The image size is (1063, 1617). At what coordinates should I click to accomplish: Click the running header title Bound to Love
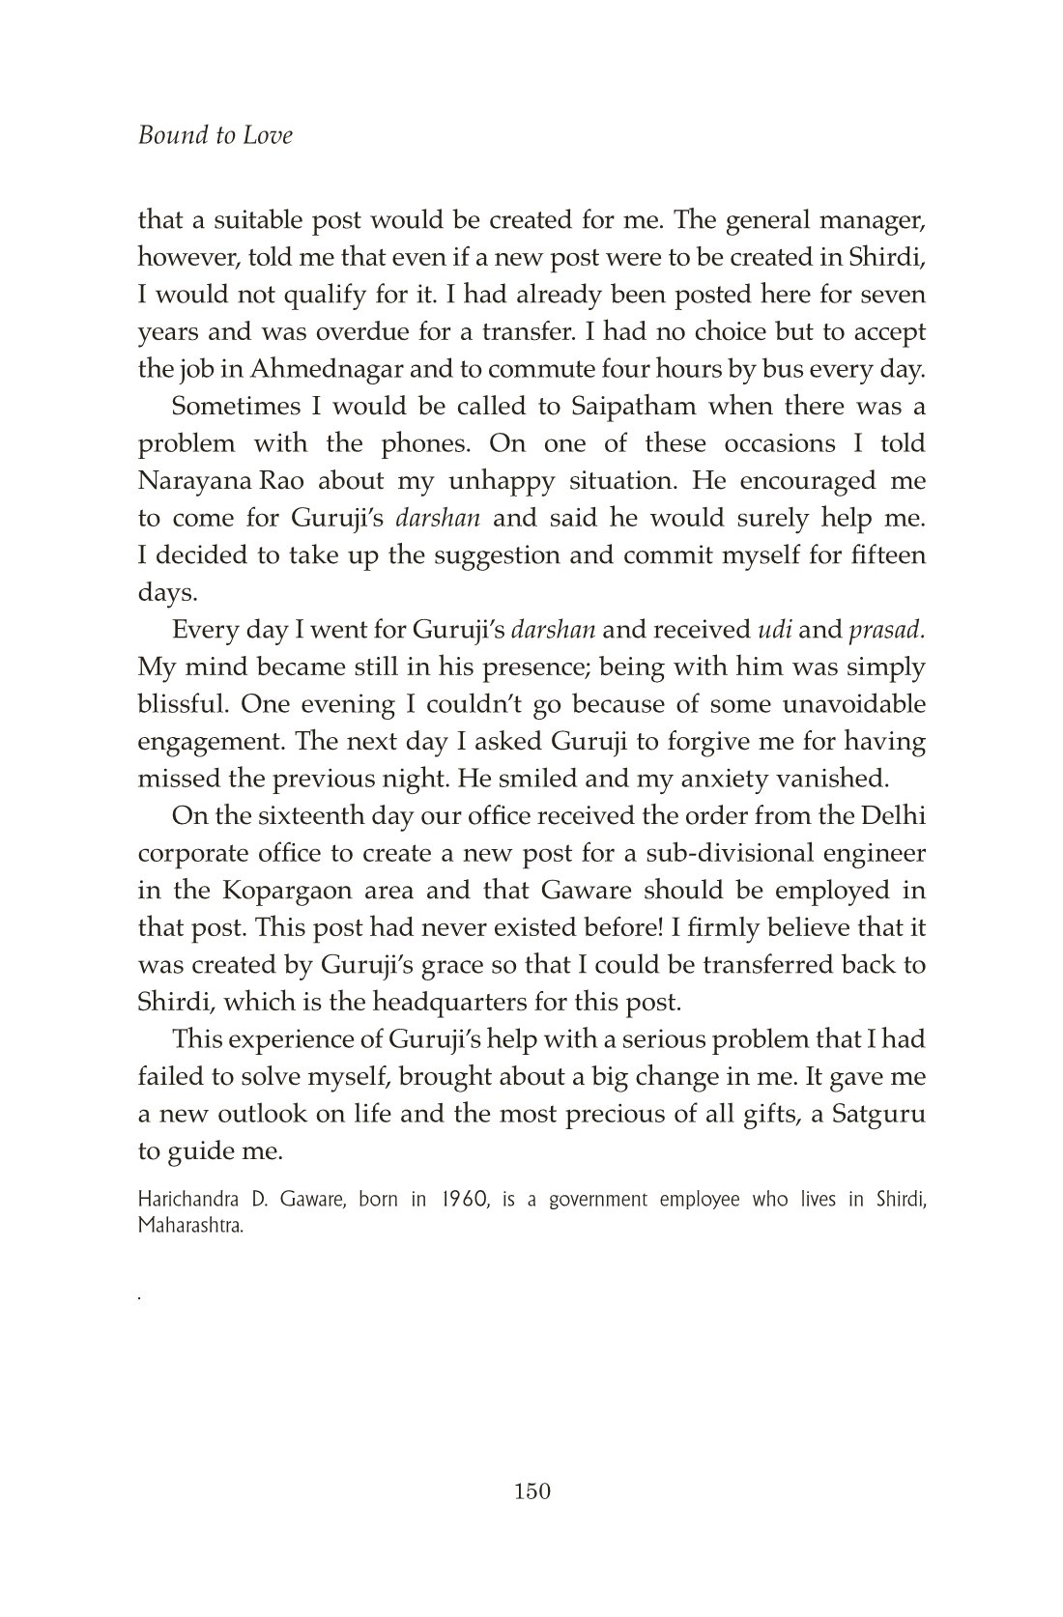coord(215,135)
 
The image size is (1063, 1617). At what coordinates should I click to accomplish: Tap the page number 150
coord(532,1491)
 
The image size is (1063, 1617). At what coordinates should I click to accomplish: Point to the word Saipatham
coord(627,407)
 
